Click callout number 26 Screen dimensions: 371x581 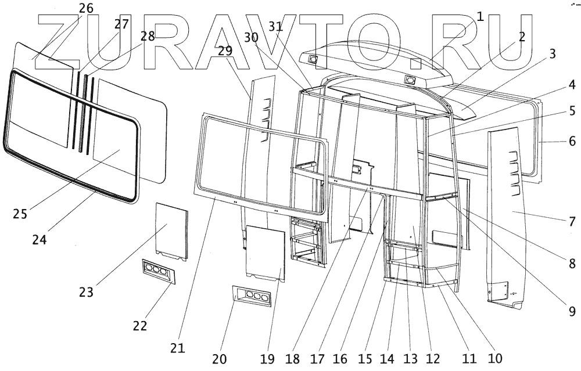85,9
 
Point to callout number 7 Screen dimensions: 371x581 572,221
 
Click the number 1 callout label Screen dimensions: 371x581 479,16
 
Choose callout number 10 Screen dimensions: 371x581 496,358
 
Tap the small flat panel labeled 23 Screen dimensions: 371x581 171,231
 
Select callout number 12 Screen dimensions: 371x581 433,358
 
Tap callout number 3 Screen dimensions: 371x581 552,54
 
